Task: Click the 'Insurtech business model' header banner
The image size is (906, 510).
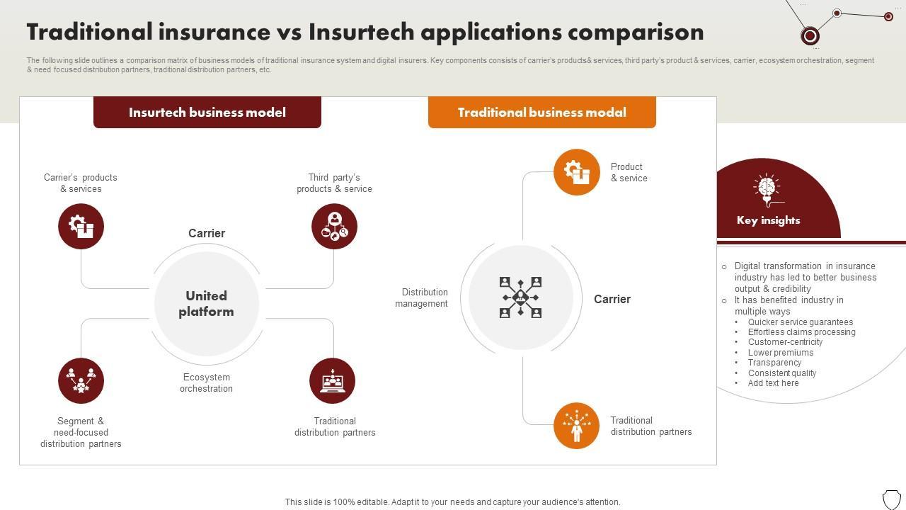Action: pos(207,113)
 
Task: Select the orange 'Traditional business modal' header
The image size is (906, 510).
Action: pos(541,113)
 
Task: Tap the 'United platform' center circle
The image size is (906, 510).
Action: pos(206,304)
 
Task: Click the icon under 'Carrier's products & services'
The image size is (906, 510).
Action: pos(81,227)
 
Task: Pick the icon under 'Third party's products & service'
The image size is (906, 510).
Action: pos(334,227)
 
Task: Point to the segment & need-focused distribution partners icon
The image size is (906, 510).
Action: pos(81,381)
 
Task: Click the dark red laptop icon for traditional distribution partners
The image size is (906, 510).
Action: pos(333,381)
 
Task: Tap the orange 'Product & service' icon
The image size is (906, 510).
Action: pos(577,172)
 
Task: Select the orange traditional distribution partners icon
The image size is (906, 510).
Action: pos(577,426)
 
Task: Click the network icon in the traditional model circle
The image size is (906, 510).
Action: pos(521,297)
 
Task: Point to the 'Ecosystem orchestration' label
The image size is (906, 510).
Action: pos(206,383)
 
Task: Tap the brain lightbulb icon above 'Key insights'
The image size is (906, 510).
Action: pos(767,188)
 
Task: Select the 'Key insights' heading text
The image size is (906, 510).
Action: pos(768,220)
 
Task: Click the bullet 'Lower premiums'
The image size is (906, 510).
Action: pos(781,353)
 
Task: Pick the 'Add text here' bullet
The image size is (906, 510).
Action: pos(773,383)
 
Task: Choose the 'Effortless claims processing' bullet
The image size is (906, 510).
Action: pos(801,332)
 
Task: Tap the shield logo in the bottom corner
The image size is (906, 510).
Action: pos(891,498)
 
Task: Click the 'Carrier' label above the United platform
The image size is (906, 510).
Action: pos(207,234)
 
